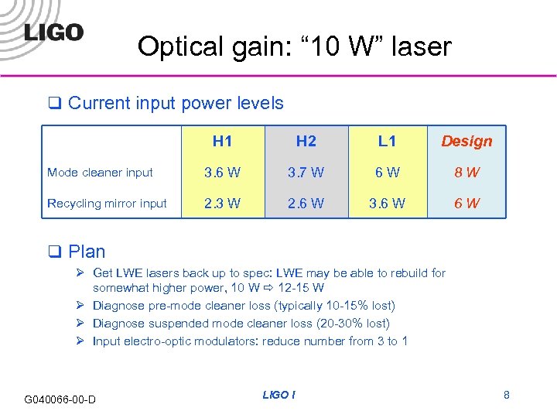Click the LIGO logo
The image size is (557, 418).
[x=53, y=32]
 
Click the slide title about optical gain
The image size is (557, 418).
[x=294, y=46]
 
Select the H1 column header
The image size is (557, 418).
[x=223, y=141]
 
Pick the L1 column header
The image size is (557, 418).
[x=388, y=141]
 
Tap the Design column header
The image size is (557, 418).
[x=466, y=141]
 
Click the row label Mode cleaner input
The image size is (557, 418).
[x=101, y=173]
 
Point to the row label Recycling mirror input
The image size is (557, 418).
[x=107, y=204]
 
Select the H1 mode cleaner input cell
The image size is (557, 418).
[x=223, y=173]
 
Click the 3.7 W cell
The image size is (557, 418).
[x=306, y=173]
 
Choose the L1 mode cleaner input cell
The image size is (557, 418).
[x=388, y=173]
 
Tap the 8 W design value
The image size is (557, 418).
[x=466, y=173]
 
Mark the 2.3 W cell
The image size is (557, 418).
[x=223, y=204]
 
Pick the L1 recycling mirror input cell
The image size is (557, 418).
[x=388, y=204]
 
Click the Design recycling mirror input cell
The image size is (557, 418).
[x=466, y=204]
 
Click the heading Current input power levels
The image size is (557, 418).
[x=176, y=103]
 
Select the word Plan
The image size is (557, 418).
[x=87, y=251]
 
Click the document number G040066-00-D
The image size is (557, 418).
[x=60, y=399]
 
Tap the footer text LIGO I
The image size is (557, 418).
[x=278, y=395]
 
